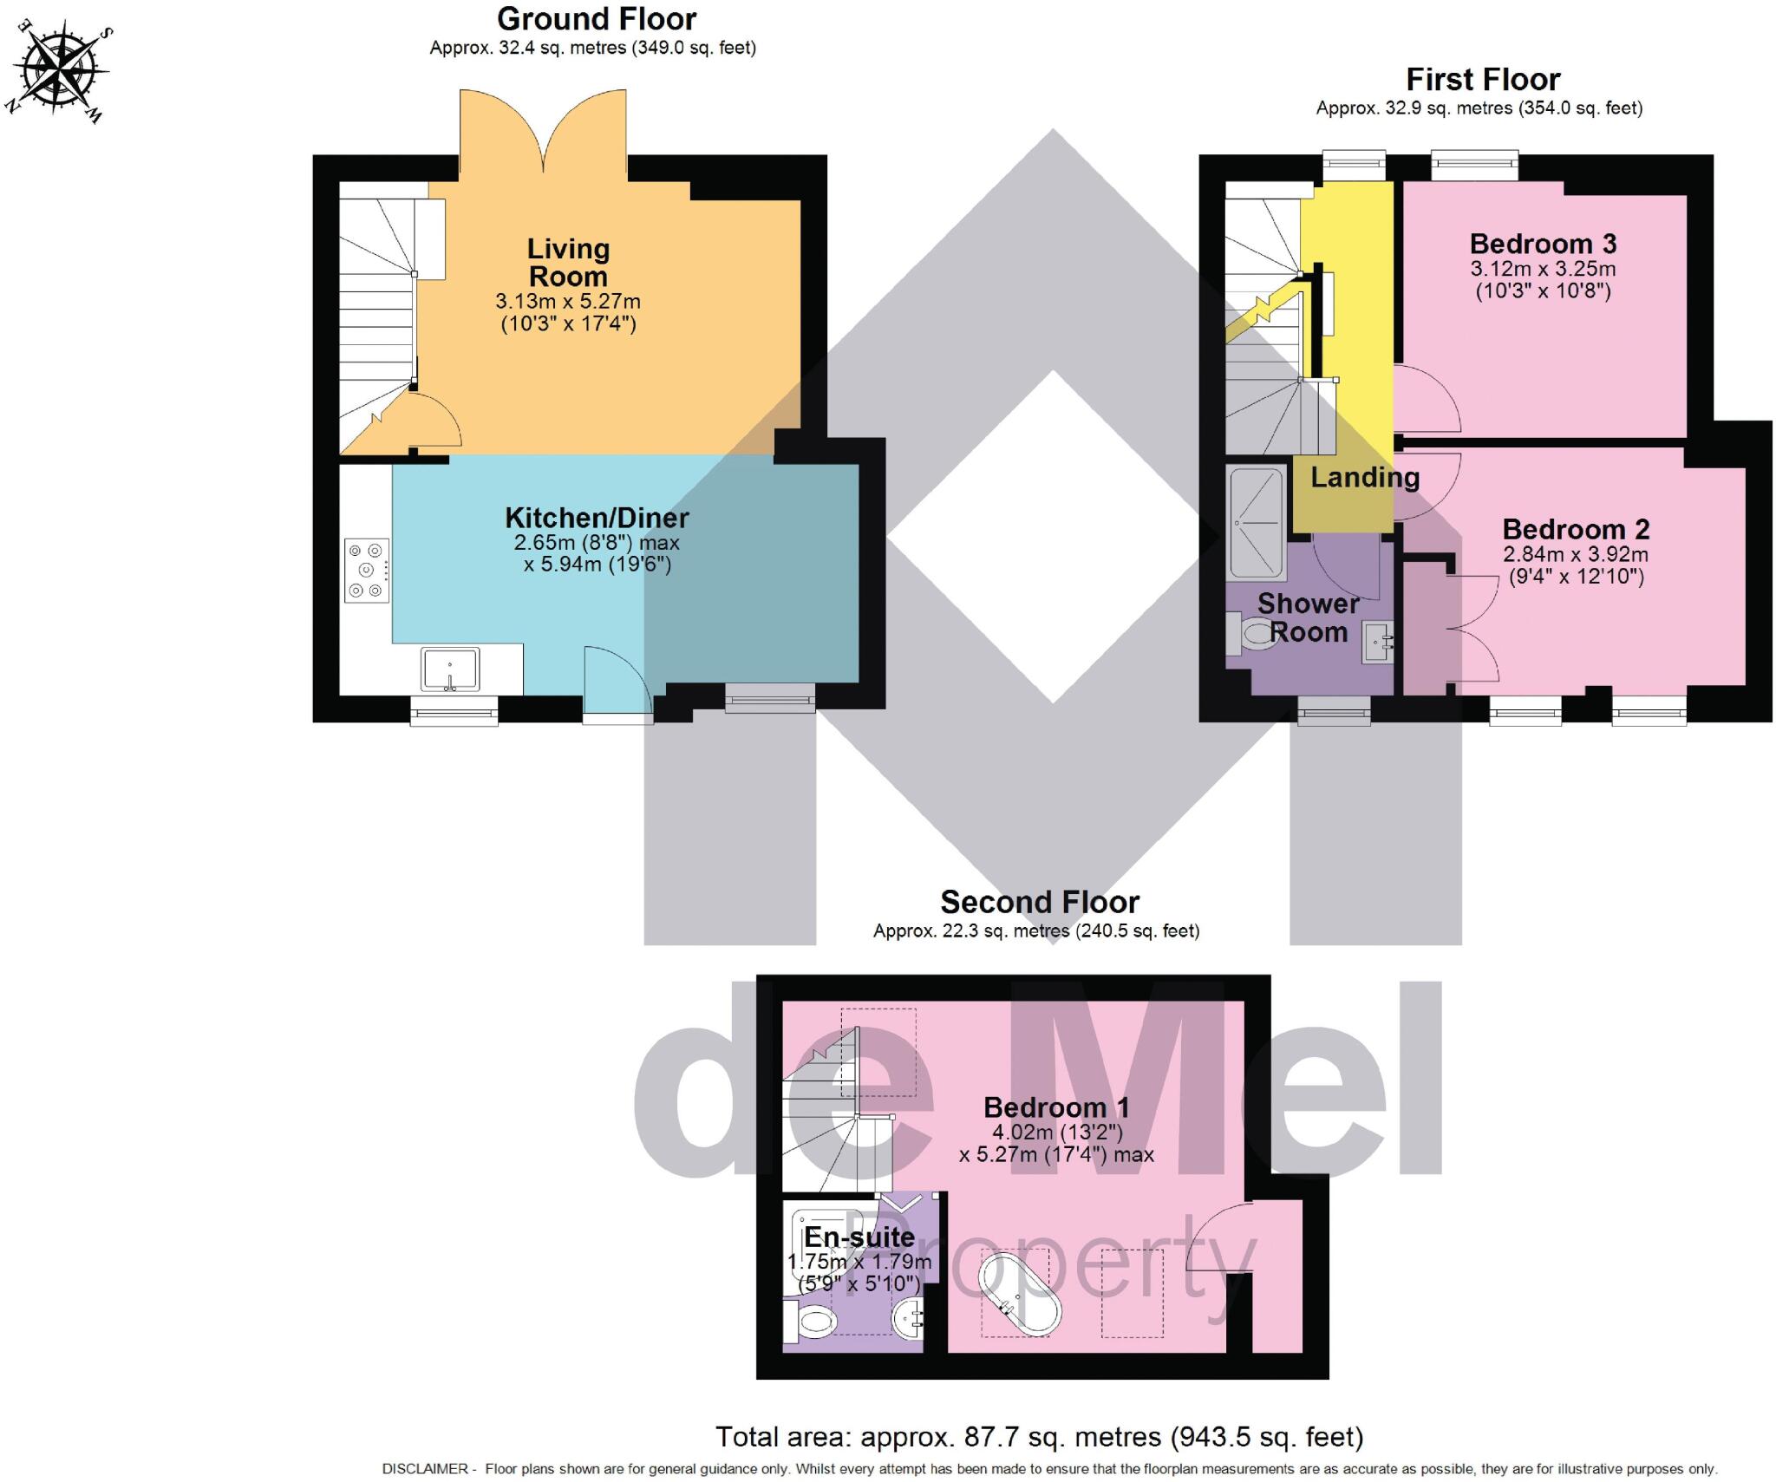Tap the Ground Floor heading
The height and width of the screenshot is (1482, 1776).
pos(597,18)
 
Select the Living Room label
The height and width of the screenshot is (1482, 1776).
pos(568,262)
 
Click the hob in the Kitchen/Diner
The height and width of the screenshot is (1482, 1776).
pos(366,570)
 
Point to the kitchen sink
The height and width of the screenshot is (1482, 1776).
pos(450,669)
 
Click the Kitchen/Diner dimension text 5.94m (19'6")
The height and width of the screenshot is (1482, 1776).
pos(597,565)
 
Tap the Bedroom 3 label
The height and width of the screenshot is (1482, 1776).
pos(1543,244)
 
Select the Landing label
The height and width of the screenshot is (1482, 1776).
pos(1364,477)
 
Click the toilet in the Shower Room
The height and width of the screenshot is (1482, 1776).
pos(1249,633)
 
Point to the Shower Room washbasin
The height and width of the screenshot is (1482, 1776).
pos(1376,643)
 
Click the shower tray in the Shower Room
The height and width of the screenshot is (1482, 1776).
pos(1255,522)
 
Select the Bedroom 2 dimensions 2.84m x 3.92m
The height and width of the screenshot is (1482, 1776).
pos(1576,554)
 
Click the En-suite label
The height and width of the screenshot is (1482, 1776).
pos(859,1237)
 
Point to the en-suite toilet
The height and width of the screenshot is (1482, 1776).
pos(811,1322)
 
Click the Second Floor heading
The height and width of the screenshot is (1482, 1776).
pos(1039,902)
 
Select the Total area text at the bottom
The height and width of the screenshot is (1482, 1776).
pos(1039,1437)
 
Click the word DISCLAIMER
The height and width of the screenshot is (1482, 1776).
pos(425,1469)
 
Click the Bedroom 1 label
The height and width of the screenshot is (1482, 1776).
pos(1055,1107)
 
